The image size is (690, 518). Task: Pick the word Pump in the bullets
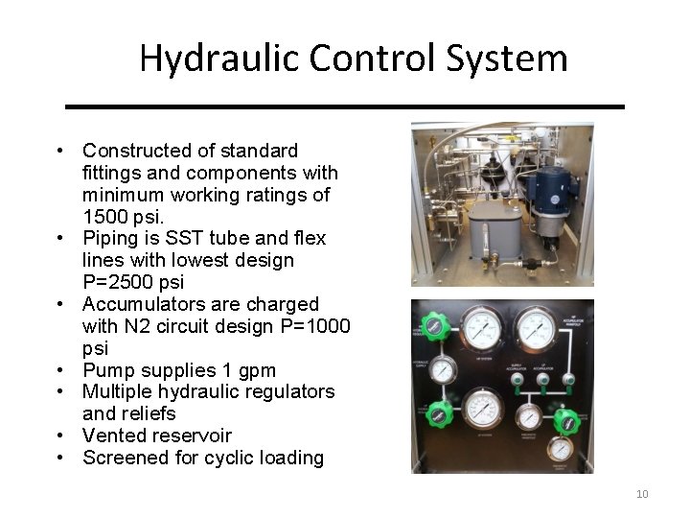click(104, 370)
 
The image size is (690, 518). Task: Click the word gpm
click(257, 370)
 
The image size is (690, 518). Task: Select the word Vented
click(114, 436)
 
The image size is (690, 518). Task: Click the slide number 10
click(641, 494)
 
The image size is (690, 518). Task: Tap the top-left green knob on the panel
click(435, 328)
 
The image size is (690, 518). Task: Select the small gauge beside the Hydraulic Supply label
click(443, 370)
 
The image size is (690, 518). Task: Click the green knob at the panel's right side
click(567, 419)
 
